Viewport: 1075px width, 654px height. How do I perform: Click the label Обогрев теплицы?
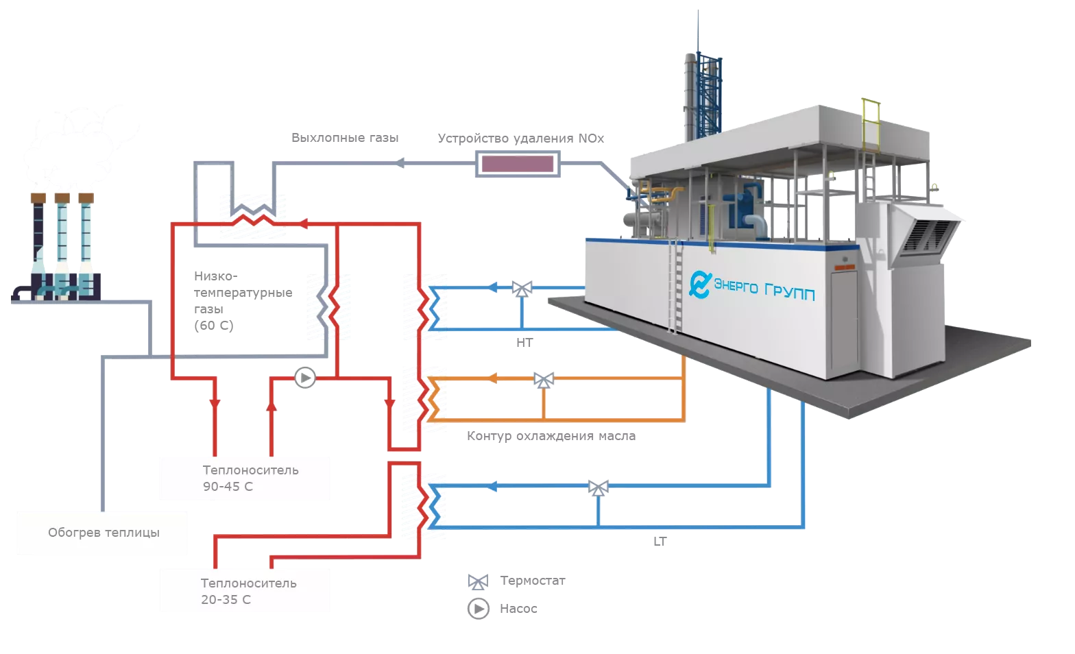104,533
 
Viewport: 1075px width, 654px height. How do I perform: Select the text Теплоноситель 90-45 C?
250,479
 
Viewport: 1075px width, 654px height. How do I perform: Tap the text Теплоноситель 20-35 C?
248,591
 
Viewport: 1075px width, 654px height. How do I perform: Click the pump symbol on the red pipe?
304,378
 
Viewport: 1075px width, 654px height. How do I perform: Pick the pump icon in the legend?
478,608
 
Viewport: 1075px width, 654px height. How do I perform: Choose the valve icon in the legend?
477,583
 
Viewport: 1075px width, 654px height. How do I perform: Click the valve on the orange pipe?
544,378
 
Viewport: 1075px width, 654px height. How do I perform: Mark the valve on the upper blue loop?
522,288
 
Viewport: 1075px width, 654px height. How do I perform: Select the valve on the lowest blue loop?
599,487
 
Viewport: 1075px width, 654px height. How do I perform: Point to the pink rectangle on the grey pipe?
518,164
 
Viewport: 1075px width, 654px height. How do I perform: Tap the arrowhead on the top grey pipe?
401,163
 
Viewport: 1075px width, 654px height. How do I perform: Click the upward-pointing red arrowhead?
272,405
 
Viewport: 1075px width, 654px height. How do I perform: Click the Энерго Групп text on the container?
764,288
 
